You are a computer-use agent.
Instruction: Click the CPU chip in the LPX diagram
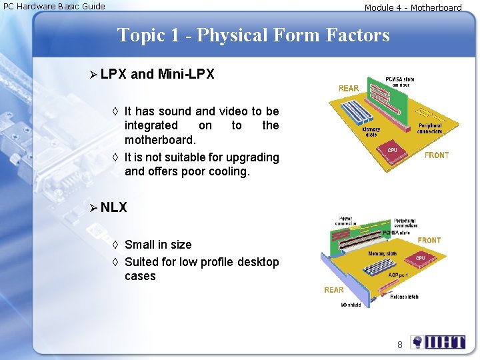[x=392, y=151]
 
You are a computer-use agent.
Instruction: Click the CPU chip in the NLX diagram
[x=419, y=258]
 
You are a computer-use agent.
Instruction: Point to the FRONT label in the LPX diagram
[x=437, y=155]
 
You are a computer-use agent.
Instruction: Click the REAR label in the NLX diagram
[x=334, y=290]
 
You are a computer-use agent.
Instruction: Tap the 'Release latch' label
[x=404, y=297]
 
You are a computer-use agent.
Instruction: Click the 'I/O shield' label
[x=351, y=305]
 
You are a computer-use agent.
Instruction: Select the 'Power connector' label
[x=346, y=221]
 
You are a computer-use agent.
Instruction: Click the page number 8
[x=400, y=345]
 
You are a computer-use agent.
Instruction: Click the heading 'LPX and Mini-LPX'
[x=157, y=74]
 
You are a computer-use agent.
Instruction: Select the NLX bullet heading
[x=113, y=207]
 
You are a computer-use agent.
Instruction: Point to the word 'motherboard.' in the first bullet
[x=160, y=140]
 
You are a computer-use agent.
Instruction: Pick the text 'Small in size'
[x=158, y=245]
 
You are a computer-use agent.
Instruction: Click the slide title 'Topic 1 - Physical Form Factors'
[x=253, y=35]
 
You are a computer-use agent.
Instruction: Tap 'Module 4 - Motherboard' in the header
[x=413, y=8]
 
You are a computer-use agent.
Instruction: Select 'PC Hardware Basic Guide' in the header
[x=54, y=7]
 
